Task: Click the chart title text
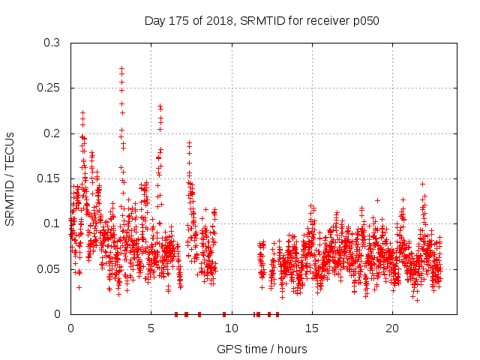262,21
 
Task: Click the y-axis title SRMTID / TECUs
10,178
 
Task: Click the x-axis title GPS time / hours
262,349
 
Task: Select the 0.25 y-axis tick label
50,88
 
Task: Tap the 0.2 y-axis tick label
53,133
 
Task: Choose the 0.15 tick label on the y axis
50,178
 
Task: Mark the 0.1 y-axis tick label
53,223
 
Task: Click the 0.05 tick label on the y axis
50,268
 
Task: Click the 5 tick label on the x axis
151,328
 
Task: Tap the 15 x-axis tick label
311,328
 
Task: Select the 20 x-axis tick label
391,328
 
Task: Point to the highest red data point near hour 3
121,68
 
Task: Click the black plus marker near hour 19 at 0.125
377,200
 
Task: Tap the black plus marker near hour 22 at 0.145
422,184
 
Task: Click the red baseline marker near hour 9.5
224,314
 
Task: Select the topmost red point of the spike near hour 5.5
160,106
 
